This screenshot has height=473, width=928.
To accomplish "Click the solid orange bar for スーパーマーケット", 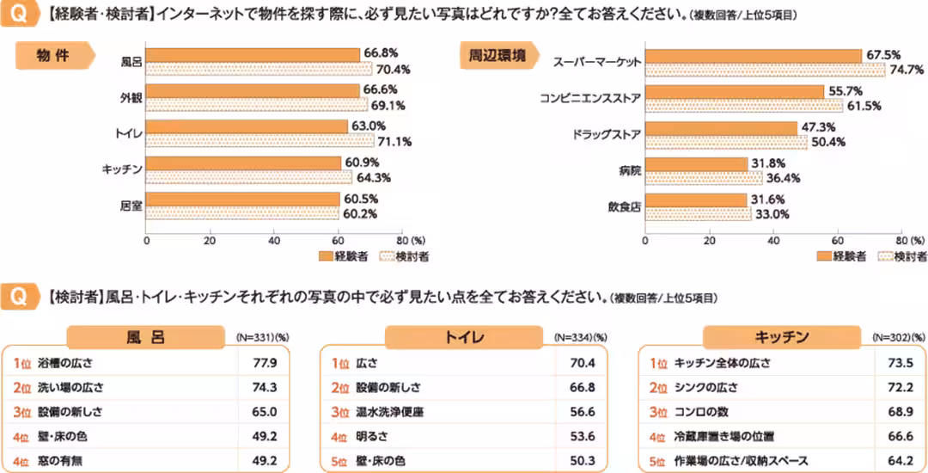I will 753,56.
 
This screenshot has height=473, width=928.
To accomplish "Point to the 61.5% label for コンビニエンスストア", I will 863,105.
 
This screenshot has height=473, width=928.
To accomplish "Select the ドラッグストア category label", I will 607,135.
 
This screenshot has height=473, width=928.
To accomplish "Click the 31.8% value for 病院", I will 768,163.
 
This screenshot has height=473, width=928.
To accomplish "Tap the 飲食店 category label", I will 625,206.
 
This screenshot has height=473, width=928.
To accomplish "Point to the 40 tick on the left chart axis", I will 273,242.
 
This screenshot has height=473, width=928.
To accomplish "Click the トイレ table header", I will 464,336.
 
